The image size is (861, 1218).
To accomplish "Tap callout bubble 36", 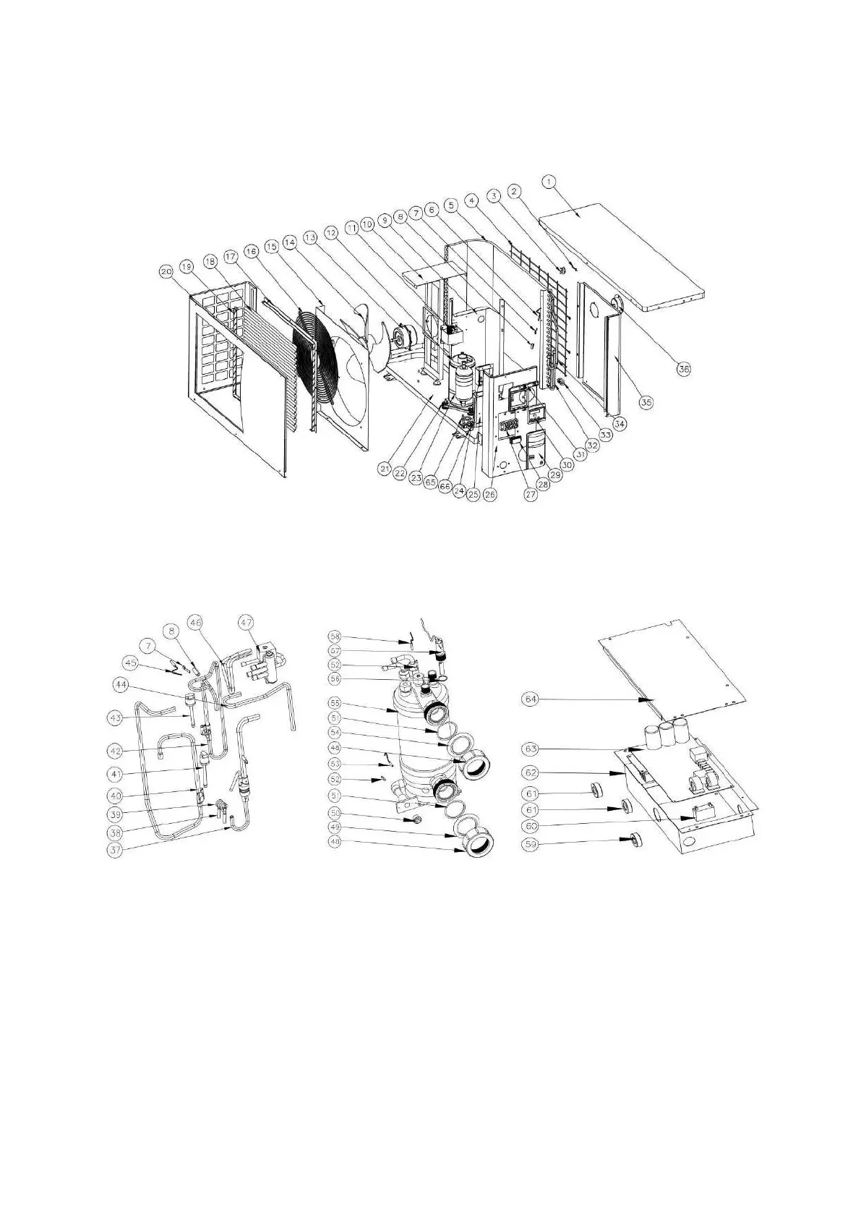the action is (x=682, y=368).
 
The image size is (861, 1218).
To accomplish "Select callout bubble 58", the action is (x=334, y=636).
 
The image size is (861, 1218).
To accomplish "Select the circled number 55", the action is (x=334, y=702).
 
